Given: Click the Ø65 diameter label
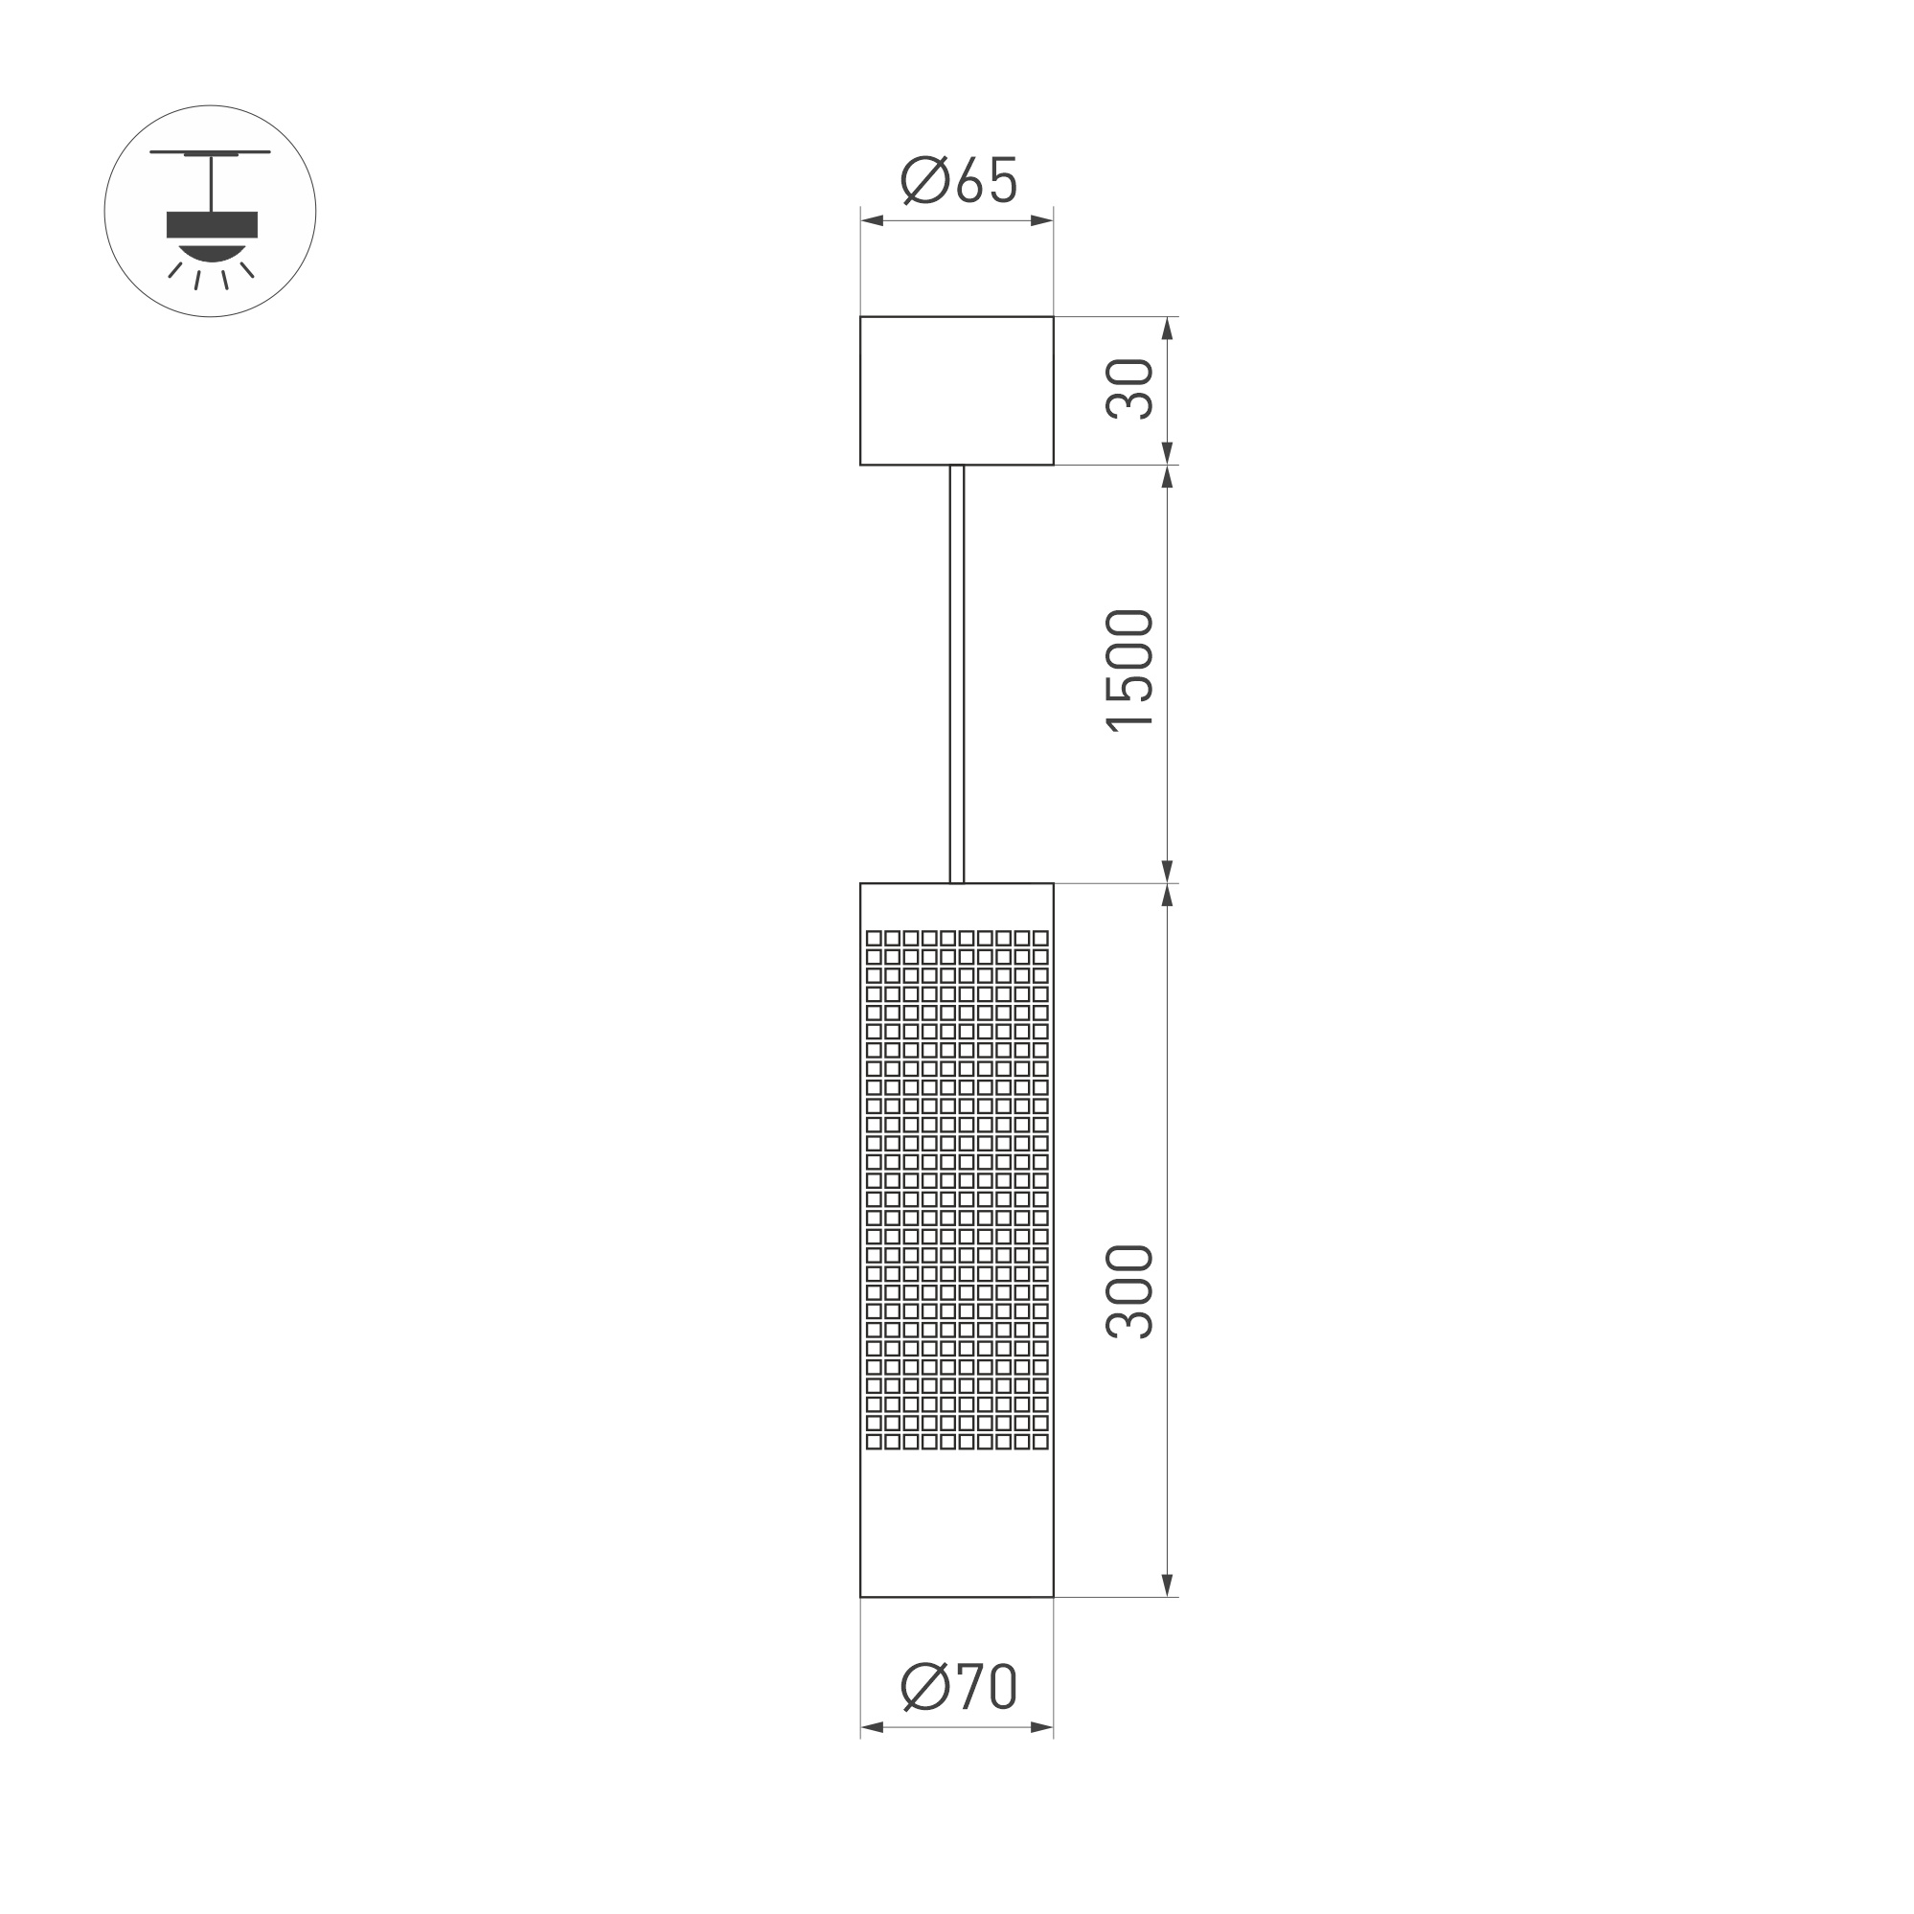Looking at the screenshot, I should click(x=959, y=180).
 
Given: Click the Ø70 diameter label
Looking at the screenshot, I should click(x=959, y=1686).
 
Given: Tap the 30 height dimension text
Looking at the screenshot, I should click(x=1130, y=389).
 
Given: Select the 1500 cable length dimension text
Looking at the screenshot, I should click(x=1130, y=671).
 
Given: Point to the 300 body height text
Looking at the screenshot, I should click(x=1130, y=1292).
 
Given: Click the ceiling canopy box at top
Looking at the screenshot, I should click(x=956, y=390).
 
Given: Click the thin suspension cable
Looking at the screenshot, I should click(x=956, y=673).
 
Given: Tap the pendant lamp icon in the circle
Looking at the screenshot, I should click(x=210, y=211).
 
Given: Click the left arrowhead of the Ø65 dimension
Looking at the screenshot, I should click(x=872, y=221).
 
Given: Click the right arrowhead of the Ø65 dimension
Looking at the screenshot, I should click(x=1041, y=221).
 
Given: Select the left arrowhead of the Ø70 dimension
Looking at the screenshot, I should click(x=872, y=1728).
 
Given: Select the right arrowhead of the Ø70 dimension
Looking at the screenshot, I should click(x=1041, y=1728).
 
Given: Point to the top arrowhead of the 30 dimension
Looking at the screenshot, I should click(x=1167, y=328).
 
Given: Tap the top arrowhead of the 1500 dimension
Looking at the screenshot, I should click(x=1167, y=476).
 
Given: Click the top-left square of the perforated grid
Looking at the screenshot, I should click(x=874, y=938).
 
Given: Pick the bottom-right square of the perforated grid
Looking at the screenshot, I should click(x=1040, y=1442).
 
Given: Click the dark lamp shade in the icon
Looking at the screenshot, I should click(x=212, y=225).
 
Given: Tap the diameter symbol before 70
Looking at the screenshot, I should click(x=925, y=1686).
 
